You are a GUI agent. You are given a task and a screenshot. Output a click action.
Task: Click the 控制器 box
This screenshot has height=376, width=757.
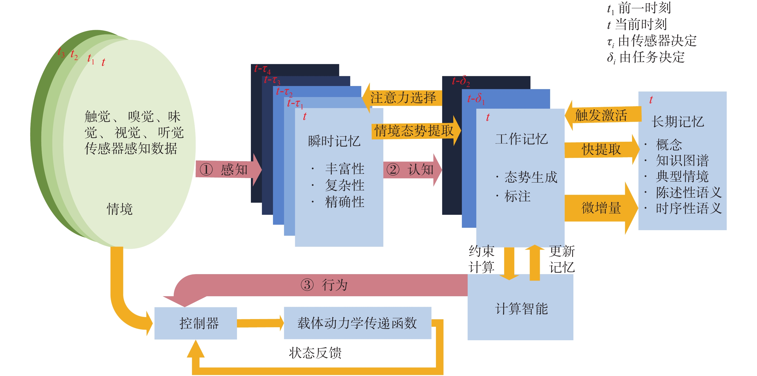click(196, 323)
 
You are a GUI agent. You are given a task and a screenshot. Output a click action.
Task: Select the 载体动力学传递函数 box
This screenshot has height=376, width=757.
click(357, 323)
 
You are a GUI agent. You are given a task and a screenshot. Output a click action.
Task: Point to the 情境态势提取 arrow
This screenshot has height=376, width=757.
click(414, 131)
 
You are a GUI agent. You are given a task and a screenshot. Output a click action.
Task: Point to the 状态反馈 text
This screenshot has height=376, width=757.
click(315, 353)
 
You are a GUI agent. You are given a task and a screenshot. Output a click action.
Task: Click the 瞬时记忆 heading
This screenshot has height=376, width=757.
click(334, 141)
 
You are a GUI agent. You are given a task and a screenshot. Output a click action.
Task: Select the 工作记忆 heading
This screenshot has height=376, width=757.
click(522, 139)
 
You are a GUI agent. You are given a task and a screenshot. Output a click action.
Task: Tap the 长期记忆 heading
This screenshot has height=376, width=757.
click(678, 122)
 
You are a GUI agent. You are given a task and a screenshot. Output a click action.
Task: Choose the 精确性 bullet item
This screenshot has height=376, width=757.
click(345, 202)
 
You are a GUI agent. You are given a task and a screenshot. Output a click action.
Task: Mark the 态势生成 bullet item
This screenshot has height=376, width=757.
click(531, 177)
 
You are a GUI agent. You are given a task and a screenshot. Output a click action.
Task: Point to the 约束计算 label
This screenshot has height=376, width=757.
click(481, 259)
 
